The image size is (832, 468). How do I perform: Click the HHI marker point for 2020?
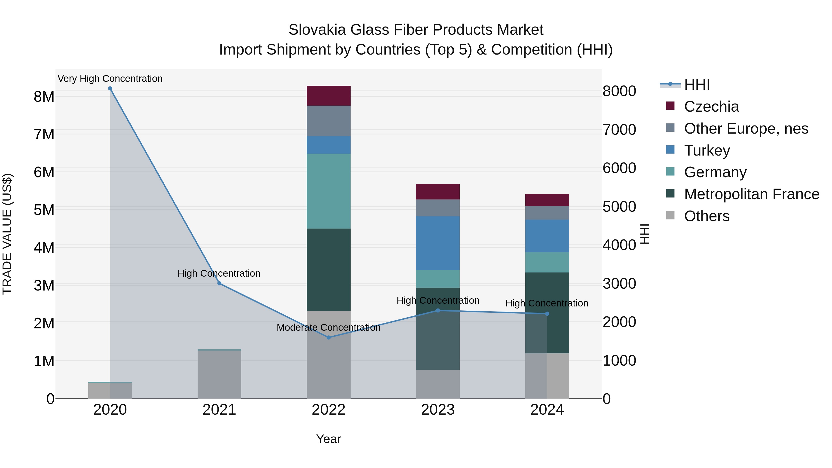pyautogui.click(x=110, y=89)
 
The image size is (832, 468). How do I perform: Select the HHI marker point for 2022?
pyautogui.click(x=328, y=337)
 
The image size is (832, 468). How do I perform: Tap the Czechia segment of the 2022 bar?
pyautogui.click(x=328, y=96)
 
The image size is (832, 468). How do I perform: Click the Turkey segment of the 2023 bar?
pyautogui.click(x=438, y=243)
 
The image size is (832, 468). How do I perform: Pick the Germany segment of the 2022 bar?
pyautogui.click(x=328, y=191)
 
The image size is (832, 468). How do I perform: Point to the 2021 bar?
pyautogui.click(x=219, y=375)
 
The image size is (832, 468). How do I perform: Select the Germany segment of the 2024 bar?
pyautogui.click(x=547, y=262)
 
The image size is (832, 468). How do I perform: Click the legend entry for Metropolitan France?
pyautogui.click(x=751, y=194)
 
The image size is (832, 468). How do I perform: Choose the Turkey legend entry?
pyautogui.click(x=707, y=150)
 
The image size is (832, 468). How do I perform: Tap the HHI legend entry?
pyautogui.click(x=697, y=85)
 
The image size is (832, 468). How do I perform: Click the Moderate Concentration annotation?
pyautogui.click(x=328, y=327)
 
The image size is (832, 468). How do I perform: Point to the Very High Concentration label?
pyautogui.click(x=110, y=79)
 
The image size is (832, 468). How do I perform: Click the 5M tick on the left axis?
pyautogui.click(x=44, y=210)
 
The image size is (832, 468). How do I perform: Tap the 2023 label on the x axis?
pyautogui.click(x=438, y=410)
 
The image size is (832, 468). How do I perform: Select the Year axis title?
pyautogui.click(x=328, y=439)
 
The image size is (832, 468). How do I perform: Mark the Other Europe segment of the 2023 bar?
pyautogui.click(x=438, y=208)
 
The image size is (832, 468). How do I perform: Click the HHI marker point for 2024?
pyautogui.click(x=547, y=314)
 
